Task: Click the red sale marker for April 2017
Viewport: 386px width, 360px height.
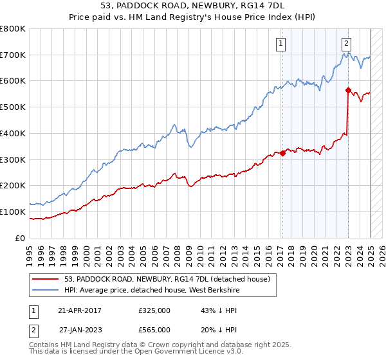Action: click(282, 153)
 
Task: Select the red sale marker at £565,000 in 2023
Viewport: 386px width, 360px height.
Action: click(348, 90)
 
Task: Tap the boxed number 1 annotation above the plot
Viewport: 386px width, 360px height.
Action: click(282, 44)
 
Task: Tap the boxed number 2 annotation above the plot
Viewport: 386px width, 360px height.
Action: click(347, 44)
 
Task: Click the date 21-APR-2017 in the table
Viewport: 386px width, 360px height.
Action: click(79, 310)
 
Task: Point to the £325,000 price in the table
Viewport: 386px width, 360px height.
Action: click(154, 310)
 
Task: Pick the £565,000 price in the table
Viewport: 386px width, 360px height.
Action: click(154, 329)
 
